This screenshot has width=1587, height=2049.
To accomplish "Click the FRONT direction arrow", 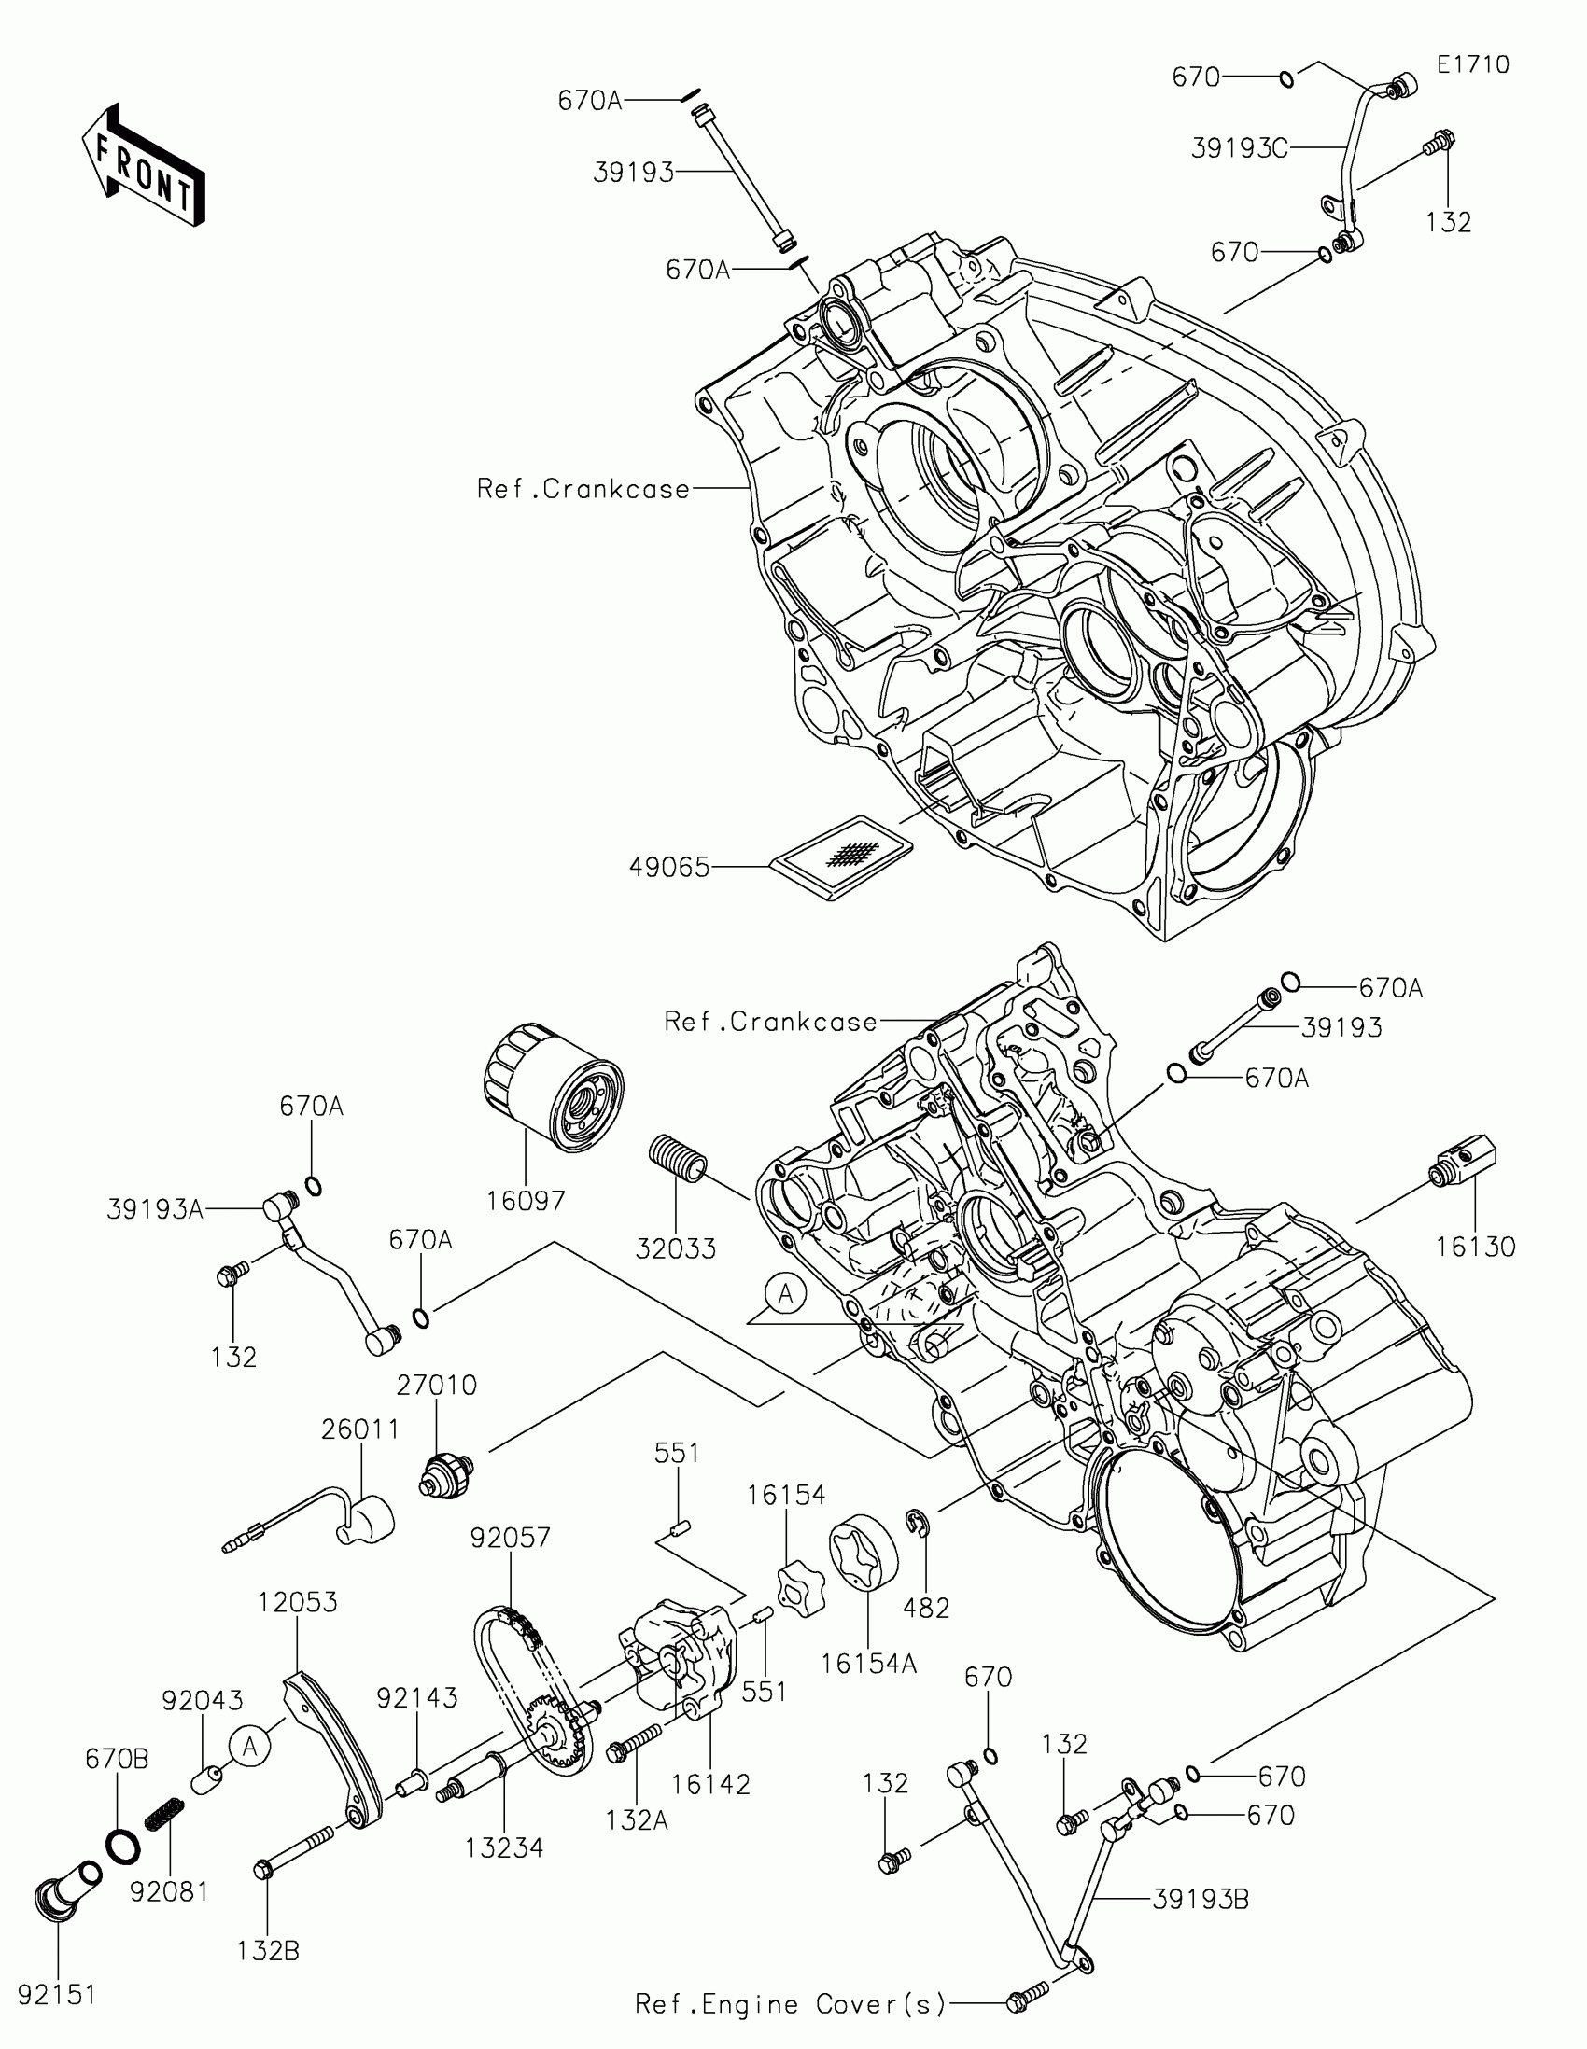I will pos(144,166).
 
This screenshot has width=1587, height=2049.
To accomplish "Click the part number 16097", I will pos(526,1200).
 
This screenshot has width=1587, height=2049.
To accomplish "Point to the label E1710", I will pos(1472,64).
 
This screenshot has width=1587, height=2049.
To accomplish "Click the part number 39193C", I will pos(1239,148).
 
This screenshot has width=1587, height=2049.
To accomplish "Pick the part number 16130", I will pos(1475,1247).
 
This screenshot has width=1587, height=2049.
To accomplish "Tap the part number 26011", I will pos(360,1429).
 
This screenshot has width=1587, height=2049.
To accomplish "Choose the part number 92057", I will pos(511,1538).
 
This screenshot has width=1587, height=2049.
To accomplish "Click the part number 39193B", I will pos(1201,1900).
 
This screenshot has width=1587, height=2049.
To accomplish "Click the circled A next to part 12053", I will pos(249,1746).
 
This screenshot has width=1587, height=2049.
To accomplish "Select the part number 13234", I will pos(504,1848).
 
